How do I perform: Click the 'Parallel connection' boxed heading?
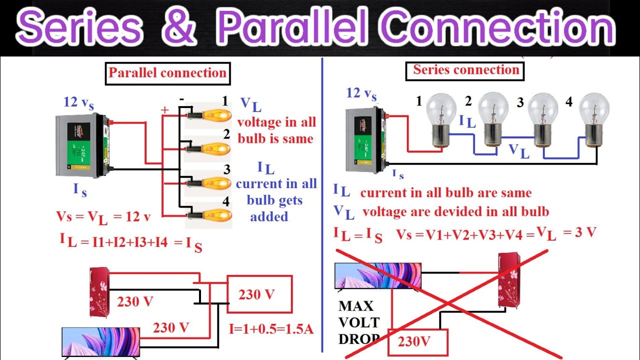click(168, 73)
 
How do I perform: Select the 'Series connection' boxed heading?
click(466, 70)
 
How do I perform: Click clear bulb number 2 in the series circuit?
click(493, 120)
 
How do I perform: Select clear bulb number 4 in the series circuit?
click(594, 120)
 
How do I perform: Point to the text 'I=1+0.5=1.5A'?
click(271, 330)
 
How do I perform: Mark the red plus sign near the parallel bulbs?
click(164, 109)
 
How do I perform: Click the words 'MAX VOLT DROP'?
click(359, 322)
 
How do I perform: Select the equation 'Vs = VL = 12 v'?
click(103, 217)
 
